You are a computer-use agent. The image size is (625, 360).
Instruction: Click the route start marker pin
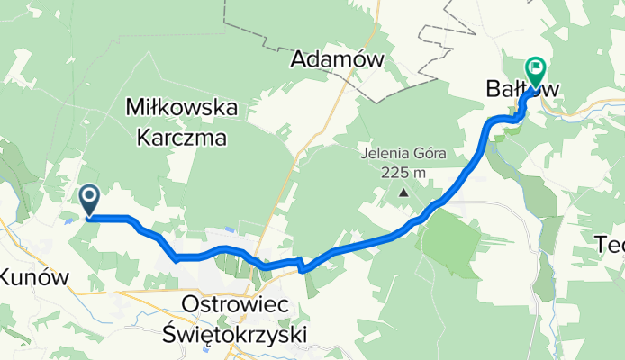[91, 199]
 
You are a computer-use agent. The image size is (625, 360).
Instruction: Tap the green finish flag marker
[536, 67]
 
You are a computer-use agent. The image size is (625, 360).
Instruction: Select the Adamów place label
[338, 60]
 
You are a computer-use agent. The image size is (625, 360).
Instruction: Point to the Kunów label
[33, 277]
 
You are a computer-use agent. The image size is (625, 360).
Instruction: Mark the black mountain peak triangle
[403, 191]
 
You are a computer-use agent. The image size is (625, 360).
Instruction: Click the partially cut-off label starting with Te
[611, 243]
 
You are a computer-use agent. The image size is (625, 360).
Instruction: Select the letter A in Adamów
[298, 60]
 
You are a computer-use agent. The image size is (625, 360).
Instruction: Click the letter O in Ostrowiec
[191, 305]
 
